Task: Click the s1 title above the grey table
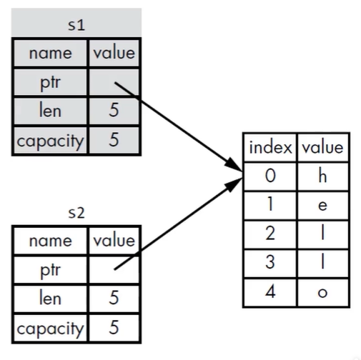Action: (76, 25)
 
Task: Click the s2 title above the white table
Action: (76, 213)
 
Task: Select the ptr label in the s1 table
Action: (50, 83)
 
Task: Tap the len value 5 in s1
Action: (114, 110)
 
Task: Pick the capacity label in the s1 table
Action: (50, 141)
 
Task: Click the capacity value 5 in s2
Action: (114, 327)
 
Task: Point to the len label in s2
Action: (50, 298)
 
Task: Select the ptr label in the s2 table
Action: (50, 270)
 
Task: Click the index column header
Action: (270, 147)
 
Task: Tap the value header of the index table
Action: (322, 147)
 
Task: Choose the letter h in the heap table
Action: (322, 176)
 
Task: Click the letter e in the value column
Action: (322, 206)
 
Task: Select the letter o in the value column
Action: (322, 293)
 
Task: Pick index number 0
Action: (270, 176)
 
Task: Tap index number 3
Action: (270, 262)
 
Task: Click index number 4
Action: (270, 291)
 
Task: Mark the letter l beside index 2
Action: (322, 233)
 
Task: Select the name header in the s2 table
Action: (50, 241)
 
